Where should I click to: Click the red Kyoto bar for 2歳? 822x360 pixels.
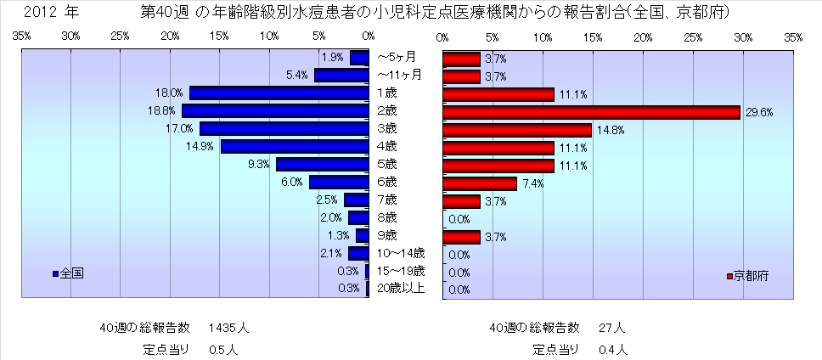point(591,112)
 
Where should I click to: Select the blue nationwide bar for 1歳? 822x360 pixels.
point(279,93)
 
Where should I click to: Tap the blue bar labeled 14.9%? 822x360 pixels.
point(294,147)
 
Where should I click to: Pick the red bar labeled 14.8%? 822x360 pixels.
point(516,130)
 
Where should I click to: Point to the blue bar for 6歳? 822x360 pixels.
point(339,183)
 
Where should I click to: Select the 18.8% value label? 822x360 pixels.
point(166,111)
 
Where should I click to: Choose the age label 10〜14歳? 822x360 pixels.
point(400,253)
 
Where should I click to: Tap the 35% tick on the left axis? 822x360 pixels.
point(22,37)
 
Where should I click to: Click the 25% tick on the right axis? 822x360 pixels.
point(693,37)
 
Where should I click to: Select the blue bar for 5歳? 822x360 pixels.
point(322,165)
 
